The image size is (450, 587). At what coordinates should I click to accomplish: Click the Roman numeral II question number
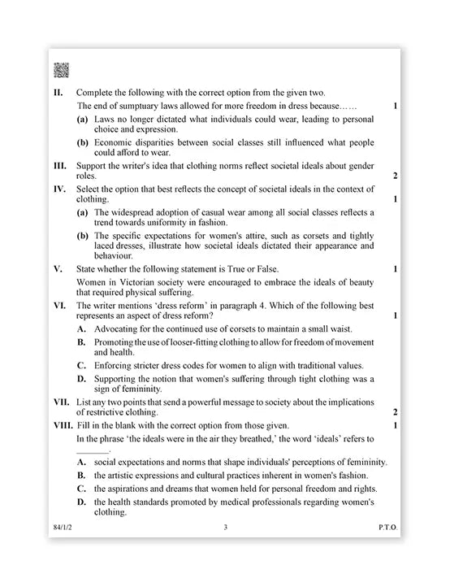[58, 93]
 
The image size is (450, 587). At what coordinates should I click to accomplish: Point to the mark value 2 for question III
[394, 176]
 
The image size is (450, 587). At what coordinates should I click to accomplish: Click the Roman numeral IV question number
[58, 188]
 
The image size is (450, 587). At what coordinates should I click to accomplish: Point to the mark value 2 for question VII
[394, 412]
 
